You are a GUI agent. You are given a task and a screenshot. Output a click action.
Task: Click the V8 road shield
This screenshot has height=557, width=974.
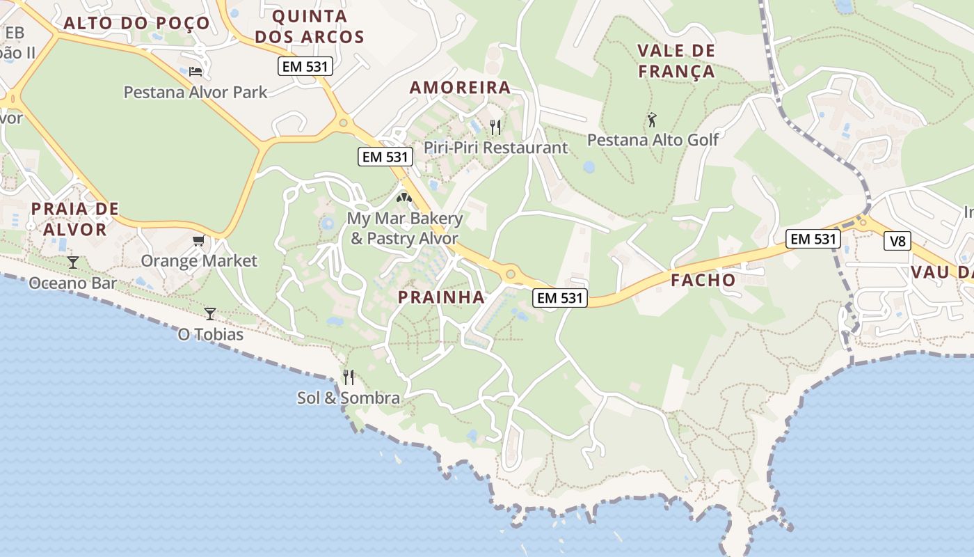click(897, 241)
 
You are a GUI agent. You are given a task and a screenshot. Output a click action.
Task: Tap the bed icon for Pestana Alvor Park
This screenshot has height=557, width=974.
click(195, 72)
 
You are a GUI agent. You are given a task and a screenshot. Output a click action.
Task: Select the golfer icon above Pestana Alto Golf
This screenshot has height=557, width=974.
click(652, 120)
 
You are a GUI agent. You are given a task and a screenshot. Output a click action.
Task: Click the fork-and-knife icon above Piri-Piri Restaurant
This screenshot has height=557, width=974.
click(495, 127)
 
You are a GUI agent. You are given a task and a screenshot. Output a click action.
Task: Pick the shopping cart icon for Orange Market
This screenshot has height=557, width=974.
click(199, 241)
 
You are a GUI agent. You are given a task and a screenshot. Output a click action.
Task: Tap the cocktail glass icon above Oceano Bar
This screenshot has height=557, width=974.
click(72, 262)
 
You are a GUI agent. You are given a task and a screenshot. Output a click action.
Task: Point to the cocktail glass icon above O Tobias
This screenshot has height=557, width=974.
click(210, 314)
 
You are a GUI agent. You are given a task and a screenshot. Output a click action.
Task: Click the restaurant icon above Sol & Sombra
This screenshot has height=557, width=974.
click(349, 377)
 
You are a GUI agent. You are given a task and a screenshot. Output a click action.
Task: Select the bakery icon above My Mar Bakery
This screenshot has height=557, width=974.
click(404, 198)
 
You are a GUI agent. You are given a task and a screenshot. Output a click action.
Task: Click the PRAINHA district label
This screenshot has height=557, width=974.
click(441, 297)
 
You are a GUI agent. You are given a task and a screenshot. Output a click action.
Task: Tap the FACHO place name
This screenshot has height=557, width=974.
click(703, 281)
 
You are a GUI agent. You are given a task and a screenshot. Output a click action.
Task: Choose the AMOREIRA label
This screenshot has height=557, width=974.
click(460, 88)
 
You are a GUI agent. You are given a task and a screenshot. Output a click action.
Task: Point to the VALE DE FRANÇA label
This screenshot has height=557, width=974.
click(676, 61)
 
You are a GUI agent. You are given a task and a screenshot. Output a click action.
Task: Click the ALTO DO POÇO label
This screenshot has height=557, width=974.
click(136, 23)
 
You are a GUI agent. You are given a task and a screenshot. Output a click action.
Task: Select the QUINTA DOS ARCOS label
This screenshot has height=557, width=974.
click(310, 26)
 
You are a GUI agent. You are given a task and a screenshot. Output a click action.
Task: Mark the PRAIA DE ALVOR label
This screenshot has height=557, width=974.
click(74, 219)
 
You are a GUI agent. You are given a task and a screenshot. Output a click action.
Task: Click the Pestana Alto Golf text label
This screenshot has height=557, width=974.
click(653, 140)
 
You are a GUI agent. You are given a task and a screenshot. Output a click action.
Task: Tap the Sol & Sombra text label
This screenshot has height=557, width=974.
click(349, 398)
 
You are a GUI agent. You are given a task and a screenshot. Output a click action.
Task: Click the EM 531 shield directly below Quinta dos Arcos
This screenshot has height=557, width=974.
click(305, 67)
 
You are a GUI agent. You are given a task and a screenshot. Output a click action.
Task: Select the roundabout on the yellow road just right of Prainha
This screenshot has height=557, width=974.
click(511, 274)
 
